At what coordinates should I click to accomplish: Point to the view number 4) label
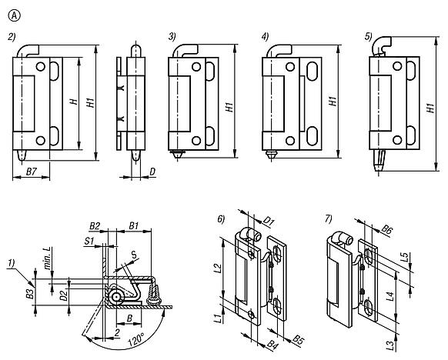click(265, 36)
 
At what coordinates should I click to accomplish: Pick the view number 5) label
click(369, 36)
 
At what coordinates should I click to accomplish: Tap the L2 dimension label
click(218, 268)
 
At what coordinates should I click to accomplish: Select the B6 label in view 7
click(387, 228)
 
